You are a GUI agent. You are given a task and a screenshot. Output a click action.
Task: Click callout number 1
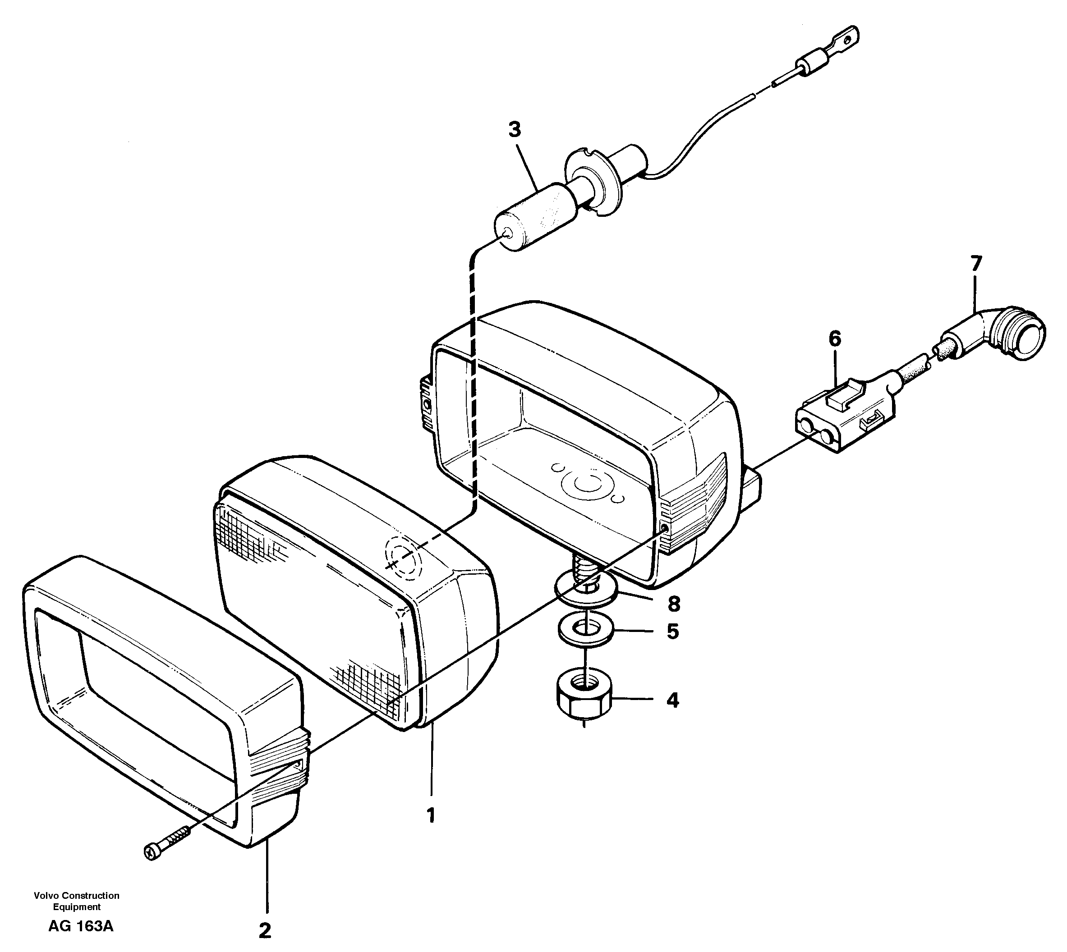[431, 815]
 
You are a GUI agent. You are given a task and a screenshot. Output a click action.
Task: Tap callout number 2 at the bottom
[265, 930]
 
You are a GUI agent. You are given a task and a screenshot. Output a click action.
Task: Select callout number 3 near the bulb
[515, 130]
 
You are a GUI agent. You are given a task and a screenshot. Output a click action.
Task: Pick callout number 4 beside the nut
[672, 700]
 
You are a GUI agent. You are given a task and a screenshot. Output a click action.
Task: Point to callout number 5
[672, 632]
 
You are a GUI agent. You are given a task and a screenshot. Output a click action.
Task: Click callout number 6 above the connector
[835, 339]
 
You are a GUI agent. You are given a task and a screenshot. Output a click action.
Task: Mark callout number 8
[673, 604]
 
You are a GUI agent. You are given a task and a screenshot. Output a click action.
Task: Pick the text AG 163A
[81, 926]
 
